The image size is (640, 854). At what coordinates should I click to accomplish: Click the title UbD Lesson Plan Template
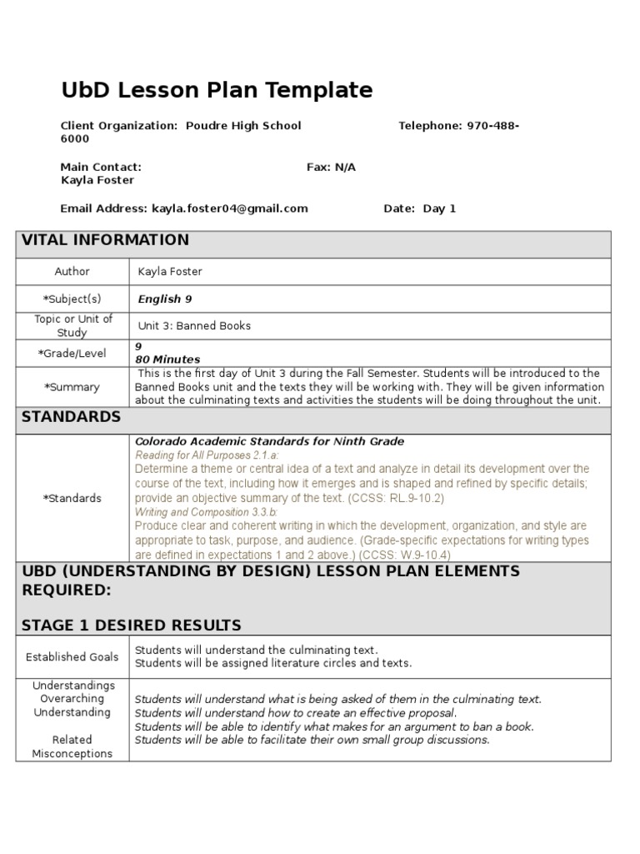(x=217, y=90)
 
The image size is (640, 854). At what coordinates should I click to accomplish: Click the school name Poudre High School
(x=243, y=125)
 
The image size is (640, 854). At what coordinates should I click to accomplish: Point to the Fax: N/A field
(x=331, y=167)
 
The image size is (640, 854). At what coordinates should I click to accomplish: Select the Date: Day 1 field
(x=419, y=208)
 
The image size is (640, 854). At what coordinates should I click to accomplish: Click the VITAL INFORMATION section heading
(x=105, y=240)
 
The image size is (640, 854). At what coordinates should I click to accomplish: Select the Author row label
(x=72, y=272)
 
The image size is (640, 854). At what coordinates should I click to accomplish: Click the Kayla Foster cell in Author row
(x=170, y=272)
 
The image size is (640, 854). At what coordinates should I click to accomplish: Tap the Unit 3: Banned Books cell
(x=194, y=325)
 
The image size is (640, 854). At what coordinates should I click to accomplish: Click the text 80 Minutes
(x=167, y=359)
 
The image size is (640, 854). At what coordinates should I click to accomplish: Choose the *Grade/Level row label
(x=72, y=353)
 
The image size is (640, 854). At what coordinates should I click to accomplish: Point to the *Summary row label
(x=72, y=387)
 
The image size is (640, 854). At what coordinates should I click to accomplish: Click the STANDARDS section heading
(x=71, y=417)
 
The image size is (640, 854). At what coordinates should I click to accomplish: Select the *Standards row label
(x=72, y=498)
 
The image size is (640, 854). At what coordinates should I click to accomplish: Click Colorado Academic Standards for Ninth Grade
(x=269, y=441)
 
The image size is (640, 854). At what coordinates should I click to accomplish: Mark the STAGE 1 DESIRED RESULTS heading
(x=131, y=625)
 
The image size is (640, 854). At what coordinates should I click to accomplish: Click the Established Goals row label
(x=72, y=656)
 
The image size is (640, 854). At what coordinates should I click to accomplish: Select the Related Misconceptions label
(x=72, y=746)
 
